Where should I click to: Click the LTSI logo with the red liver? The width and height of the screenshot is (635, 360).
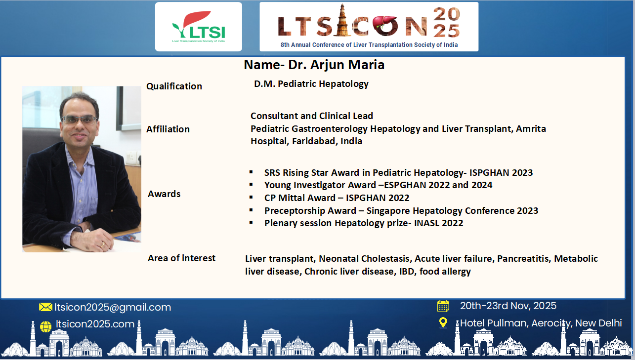point(199,27)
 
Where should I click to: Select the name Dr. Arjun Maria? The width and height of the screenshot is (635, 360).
point(336,65)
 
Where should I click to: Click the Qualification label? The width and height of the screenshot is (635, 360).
point(174,86)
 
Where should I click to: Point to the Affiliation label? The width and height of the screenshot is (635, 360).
point(168,129)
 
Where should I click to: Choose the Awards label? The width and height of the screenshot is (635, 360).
point(164,194)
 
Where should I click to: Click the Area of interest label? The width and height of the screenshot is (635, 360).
point(181,258)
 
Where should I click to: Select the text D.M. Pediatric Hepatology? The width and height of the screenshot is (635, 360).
point(311,84)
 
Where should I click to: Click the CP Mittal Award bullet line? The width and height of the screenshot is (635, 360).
point(337,198)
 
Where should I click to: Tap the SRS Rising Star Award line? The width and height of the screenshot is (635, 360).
point(398,172)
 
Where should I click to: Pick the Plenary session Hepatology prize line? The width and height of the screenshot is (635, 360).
point(364,223)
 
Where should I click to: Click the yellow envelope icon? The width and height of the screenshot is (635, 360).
point(45,307)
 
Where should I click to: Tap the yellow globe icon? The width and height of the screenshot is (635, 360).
point(45,326)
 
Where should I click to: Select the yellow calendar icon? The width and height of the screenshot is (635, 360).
point(443,306)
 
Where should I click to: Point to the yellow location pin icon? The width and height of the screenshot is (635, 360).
point(443,322)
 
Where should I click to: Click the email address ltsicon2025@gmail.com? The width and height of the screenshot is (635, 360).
point(113,307)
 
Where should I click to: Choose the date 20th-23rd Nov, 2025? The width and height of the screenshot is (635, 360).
point(508,306)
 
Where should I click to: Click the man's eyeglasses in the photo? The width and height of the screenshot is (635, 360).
point(80,120)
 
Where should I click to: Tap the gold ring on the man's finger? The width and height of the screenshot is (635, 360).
point(103,243)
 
